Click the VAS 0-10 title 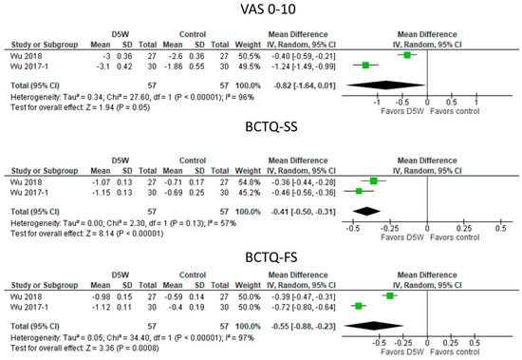[x=261, y=10]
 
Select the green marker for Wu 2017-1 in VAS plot [x=365, y=65]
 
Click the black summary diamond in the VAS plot [x=386, y=84]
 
